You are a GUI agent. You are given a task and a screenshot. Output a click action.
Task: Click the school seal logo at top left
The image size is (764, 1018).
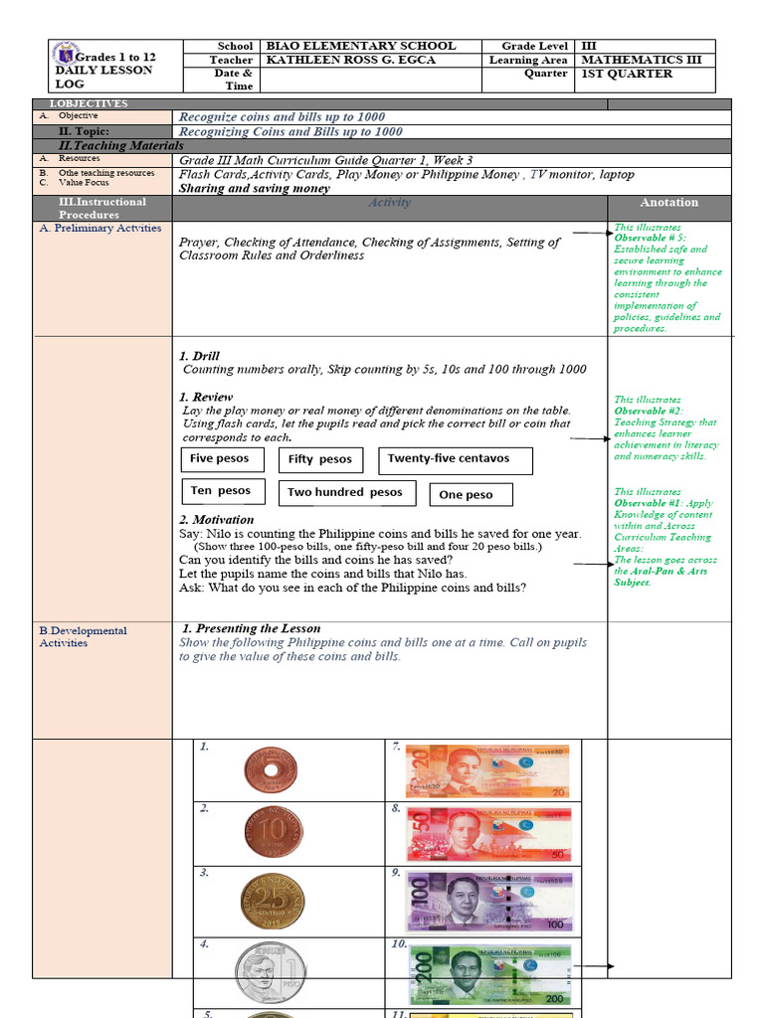pos(67,54)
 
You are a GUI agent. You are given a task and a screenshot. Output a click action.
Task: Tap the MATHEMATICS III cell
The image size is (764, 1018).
pos(641,60)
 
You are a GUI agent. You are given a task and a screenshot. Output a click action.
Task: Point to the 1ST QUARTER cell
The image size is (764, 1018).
pos(627,74)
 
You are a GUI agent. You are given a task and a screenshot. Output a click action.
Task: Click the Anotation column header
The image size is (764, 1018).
pos(668,203)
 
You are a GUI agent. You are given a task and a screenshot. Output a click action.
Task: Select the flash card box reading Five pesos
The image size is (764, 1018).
pos(223,459)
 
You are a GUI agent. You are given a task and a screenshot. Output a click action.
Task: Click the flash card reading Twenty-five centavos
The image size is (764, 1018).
pos(455,460)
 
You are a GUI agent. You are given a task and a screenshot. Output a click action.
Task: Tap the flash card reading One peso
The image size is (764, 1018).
pos(473,494)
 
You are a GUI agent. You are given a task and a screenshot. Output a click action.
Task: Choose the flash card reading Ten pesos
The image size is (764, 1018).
pos(223,491)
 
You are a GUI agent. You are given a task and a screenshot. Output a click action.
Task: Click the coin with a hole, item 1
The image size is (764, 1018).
pos(270,770)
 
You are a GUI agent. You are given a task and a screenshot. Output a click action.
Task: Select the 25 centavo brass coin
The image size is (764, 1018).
pos(270,899)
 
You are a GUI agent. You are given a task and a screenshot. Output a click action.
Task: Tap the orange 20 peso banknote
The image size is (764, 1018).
pos(486,770)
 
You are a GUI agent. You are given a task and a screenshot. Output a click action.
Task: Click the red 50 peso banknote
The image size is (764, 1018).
pos(488,834)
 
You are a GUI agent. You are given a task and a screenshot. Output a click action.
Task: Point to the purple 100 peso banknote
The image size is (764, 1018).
pos(488,901)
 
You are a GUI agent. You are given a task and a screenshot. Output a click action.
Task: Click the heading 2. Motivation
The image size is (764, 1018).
pos(216,520)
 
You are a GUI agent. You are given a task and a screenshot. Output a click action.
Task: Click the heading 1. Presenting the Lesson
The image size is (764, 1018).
pos(252,629)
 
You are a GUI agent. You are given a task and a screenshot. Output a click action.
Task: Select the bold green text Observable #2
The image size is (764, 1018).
pos(648,411)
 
